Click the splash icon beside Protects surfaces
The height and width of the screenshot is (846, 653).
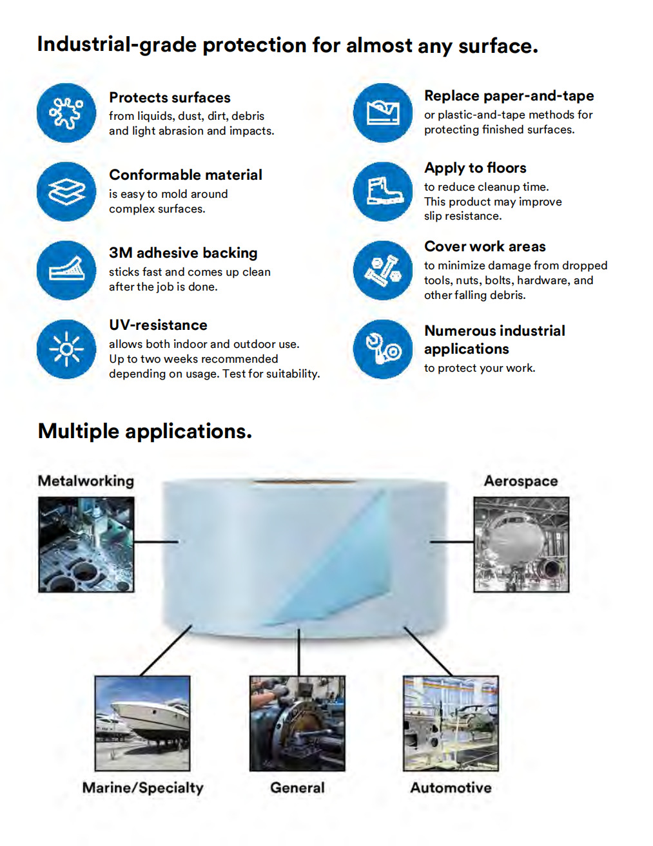66,113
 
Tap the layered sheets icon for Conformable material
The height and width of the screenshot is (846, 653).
66,191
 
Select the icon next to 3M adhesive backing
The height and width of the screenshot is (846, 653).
66,270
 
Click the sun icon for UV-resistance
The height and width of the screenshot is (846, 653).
66,349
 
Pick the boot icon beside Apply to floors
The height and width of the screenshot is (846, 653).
383,191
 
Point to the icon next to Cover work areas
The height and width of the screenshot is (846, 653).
383,270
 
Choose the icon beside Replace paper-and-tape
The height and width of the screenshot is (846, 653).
383,113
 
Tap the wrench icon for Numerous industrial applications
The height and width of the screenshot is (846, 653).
383,349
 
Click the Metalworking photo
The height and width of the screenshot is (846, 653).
86,544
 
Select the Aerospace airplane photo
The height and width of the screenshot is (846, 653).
521,544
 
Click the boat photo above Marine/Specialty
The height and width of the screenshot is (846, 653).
142,723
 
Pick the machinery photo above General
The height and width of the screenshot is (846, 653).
297,723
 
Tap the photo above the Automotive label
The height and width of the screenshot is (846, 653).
451,723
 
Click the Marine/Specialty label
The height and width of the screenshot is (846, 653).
142,787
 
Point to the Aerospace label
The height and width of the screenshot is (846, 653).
521,481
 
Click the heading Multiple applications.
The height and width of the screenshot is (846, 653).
145,431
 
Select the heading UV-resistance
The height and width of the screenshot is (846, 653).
158,325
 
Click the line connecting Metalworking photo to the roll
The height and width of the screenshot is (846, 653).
156,542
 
